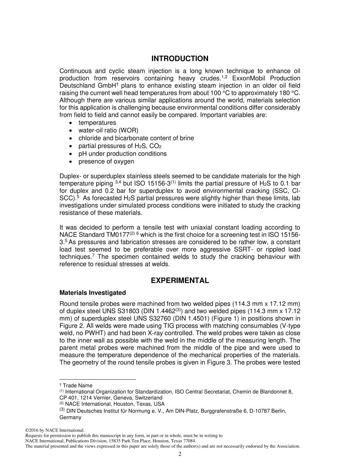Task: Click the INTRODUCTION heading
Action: tap(180, 59)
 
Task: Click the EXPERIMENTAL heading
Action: tap(180, 281)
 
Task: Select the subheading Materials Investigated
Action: tap(92, 293)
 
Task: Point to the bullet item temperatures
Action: tap(97, 123)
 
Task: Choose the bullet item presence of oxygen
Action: tap(106, 161)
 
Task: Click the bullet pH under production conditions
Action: tap(122, 154)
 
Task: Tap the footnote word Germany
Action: tap(70, 418)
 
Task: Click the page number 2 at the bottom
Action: tap(180, 454)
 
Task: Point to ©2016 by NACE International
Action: tap(54, 430)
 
